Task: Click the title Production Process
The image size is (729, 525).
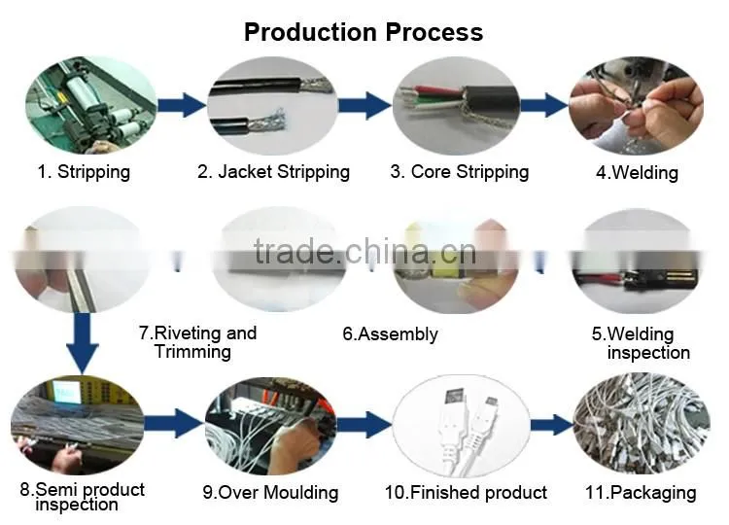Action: [364, 32]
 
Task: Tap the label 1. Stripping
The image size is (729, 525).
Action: [84, 171]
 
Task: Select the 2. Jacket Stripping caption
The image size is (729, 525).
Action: [273, 171]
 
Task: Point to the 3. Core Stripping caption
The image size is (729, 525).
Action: [460, 171]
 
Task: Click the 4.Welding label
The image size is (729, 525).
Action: [637, 172]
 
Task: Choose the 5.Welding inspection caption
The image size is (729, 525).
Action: [641, 343]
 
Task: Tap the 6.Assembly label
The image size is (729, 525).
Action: [390, 333]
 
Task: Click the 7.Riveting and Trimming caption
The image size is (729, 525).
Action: [197, 342]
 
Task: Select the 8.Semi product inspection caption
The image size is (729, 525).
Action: [83, 497]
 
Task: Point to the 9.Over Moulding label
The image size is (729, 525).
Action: [270, 493]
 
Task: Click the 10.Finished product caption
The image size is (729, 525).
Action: [466, 492]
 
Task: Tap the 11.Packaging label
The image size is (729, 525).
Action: [641, 493]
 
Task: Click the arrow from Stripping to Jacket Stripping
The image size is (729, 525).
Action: [182, 105]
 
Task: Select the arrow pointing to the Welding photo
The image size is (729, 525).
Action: [544, 105]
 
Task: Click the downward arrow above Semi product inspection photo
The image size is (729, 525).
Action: [83, 343]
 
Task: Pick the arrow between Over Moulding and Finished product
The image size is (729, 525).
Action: [364, 424]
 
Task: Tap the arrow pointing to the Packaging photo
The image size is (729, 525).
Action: [552, 424]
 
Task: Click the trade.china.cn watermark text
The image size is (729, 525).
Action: [365, 252]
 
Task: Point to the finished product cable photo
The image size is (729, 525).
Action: [461, 427]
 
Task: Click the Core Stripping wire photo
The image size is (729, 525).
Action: [456, 106]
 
